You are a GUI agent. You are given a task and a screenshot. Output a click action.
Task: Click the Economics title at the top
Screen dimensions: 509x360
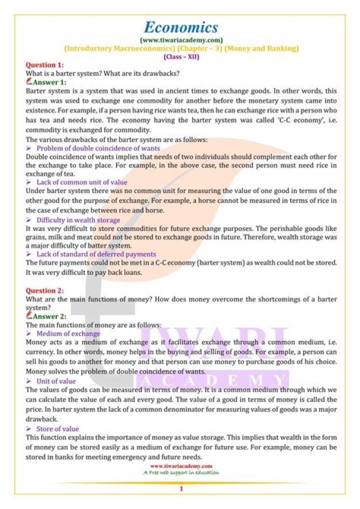tap(181, 27)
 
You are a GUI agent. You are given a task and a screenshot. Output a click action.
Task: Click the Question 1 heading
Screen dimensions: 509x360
tap(44, 65)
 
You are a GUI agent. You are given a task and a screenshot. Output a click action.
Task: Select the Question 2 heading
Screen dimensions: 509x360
tap(44, 290)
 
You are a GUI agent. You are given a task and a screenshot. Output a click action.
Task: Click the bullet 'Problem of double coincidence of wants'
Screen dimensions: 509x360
tap(98, 148)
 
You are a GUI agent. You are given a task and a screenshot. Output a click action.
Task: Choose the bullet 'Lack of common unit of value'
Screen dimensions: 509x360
tap(81, 182)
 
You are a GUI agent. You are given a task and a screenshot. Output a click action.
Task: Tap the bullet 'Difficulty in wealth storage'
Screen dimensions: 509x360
tap(78, 220)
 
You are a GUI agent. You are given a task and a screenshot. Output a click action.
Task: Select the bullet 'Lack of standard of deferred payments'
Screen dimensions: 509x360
tap(96, 254)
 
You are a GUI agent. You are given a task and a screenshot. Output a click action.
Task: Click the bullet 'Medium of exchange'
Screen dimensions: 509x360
tap(68, 333)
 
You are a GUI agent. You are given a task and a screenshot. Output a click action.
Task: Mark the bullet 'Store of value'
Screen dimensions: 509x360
tap(57, 428)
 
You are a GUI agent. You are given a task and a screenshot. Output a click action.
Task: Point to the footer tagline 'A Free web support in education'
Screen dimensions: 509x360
tap(181, 472)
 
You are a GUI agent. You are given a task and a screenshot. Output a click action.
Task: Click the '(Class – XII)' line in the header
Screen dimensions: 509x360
tap(181, 56)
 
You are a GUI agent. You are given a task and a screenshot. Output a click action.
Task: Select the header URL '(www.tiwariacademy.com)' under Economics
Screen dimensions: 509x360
tap(181, 40)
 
